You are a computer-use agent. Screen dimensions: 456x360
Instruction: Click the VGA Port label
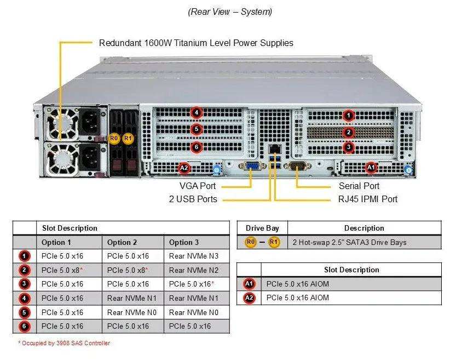[198, 186]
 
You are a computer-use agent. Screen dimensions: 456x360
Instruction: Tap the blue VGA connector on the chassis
[252, 167]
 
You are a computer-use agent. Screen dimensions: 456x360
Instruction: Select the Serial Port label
[359, 186]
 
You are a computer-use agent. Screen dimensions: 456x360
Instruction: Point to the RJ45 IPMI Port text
[368, 199]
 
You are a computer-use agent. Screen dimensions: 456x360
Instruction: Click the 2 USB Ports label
[193, 199]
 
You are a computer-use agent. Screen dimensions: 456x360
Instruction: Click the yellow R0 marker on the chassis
[114, 138]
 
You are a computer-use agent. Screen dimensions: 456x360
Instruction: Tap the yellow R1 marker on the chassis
[128, 138]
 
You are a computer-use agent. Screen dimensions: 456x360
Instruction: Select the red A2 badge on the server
[184, 168]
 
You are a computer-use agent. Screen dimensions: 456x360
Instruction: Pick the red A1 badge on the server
[371, 168]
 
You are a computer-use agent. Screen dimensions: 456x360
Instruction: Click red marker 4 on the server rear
[197, 112]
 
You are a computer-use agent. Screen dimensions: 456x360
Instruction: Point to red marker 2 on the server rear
[348, 133]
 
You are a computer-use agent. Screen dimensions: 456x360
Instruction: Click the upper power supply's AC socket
[90, 122]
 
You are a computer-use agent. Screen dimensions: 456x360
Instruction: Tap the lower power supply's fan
[62, 159]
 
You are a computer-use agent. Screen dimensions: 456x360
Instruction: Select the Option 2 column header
[122, 242]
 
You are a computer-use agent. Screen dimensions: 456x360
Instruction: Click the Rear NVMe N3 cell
[194, 256]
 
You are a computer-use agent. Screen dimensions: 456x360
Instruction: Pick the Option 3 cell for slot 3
[192, 284]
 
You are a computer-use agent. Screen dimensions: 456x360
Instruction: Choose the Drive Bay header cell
[262, 228]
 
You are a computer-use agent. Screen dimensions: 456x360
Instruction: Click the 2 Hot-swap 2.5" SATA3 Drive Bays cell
[350, 242]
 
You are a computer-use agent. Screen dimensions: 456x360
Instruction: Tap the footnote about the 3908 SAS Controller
[64, 343]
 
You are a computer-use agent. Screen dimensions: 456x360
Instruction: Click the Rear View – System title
[230, 12]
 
